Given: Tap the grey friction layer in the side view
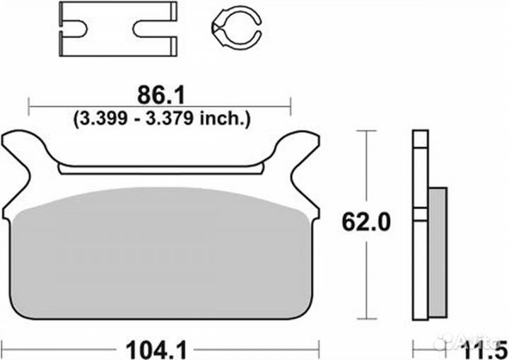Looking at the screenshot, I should coord(438,251).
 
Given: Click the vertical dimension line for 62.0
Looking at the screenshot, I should coord(365,177).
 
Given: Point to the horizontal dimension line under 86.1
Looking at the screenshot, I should coord(160,108).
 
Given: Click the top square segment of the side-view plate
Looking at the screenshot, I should coord(421,139).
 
